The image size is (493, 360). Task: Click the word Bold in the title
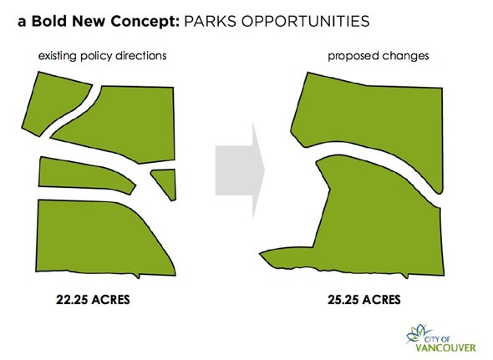tap(50, 22)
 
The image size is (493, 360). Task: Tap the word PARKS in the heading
tap(210, 22)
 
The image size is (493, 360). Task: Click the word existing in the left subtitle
tap(57, 56)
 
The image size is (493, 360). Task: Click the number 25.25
tap(343, 299)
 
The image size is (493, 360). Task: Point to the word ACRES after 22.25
tap(111, 299)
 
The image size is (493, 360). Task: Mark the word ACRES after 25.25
tap(382, 299)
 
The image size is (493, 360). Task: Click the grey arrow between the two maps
tap(240, 170)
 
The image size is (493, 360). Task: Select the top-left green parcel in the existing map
tap(53, 102)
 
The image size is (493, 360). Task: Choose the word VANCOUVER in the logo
tap(446, 347)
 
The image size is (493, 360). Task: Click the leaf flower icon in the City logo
tap(418, 333)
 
